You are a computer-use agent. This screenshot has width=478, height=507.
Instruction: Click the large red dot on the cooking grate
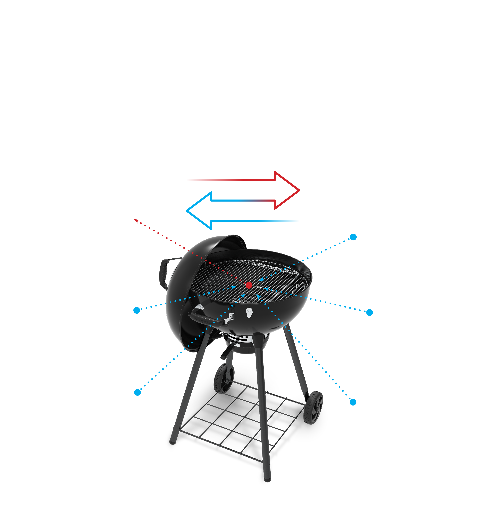[x=249, y=285]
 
